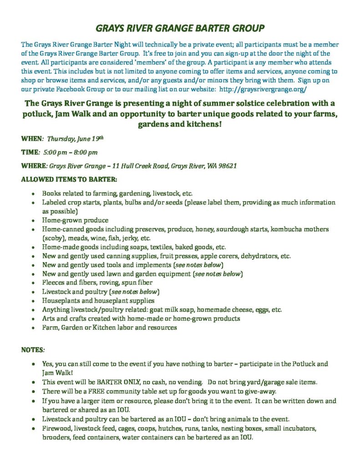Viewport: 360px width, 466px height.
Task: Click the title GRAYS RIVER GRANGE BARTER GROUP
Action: [x=180, y=29]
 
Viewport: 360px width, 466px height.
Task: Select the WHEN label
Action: [x=31, y=138]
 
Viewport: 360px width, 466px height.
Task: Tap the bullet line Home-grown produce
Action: [x=70, y=220]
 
